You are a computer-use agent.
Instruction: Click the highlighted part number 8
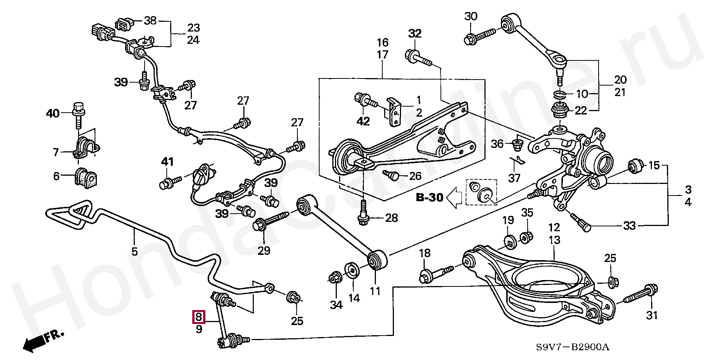click(199, 318)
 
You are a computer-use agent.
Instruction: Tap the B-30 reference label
click(430, 197)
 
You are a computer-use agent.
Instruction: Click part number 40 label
click(53, 113)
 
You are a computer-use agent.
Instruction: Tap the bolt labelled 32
click(419, 59)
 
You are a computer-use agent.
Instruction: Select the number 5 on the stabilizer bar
click(134, 251)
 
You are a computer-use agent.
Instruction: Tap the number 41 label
click(167, 162)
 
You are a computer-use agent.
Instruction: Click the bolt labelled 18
click(437, 274)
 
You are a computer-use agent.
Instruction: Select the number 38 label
click(150, 21)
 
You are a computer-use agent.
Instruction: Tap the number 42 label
click(363, 121)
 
